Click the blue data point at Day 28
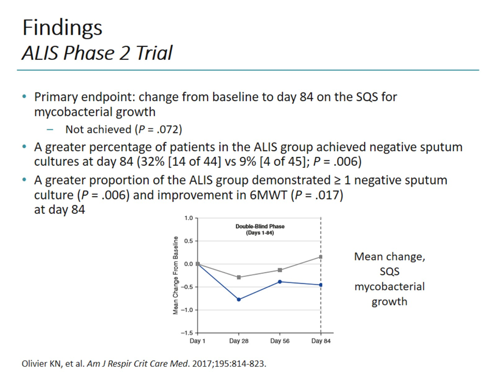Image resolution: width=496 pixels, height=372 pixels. tap(239, 299)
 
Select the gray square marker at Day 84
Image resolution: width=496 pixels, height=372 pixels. tap(321, 257)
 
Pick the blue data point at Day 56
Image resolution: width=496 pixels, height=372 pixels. tap(280, 282)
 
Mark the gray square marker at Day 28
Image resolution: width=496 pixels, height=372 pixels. tap(239, 277)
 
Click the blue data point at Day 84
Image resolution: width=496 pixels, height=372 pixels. tap(321, 285)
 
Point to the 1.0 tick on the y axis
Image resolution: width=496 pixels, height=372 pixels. tap(187, 218)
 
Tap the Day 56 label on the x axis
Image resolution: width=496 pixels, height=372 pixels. tap(280, 342)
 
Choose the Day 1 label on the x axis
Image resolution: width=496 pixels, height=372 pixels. tap(197, 342)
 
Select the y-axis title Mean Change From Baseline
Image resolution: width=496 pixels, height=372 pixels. tap(176, 275)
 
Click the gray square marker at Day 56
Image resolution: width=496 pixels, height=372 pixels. tap(280, 270)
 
